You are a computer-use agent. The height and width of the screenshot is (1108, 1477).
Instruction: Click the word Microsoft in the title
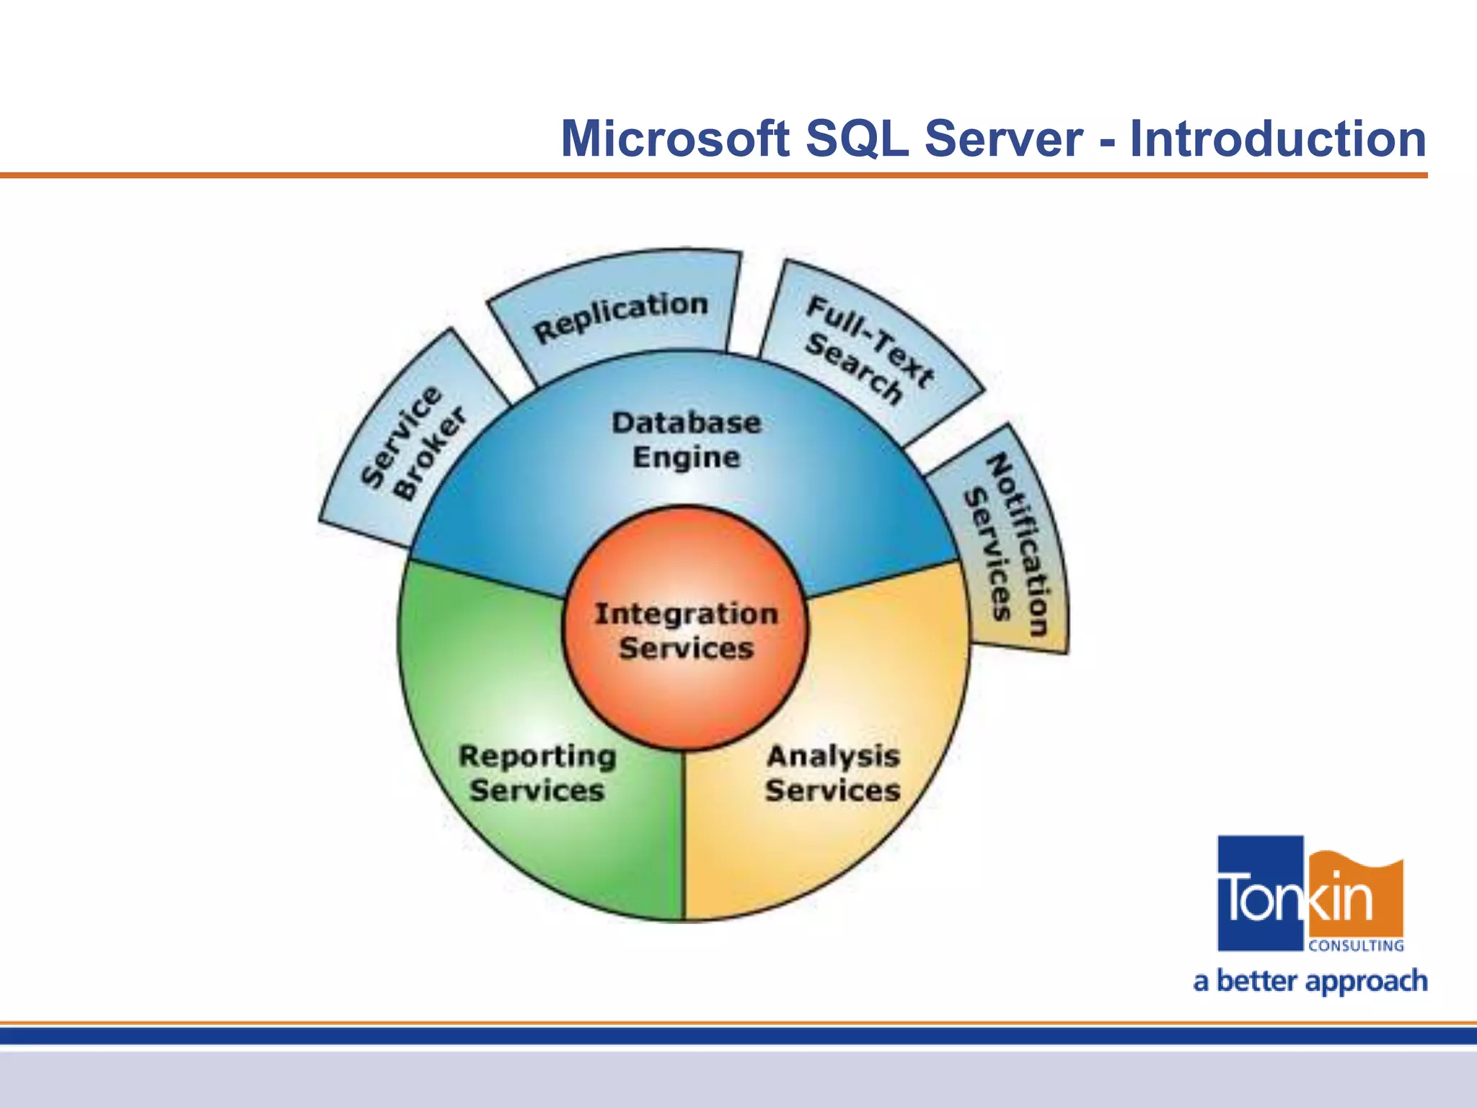coord(675,138)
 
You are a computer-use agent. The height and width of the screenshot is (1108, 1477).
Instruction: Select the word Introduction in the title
coord(1277,138)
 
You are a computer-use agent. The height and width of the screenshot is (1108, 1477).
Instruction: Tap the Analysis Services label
coord(833,773)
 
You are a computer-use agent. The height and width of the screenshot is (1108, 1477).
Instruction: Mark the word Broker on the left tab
coord(429,454)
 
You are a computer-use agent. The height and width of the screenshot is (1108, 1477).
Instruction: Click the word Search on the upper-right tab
coord(853,369)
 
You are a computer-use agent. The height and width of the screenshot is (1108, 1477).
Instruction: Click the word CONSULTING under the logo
coord(1355,946)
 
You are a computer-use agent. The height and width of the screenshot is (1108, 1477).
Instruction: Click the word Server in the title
coord(1003,138)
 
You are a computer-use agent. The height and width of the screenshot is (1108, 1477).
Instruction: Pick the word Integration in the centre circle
coord(686,614)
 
